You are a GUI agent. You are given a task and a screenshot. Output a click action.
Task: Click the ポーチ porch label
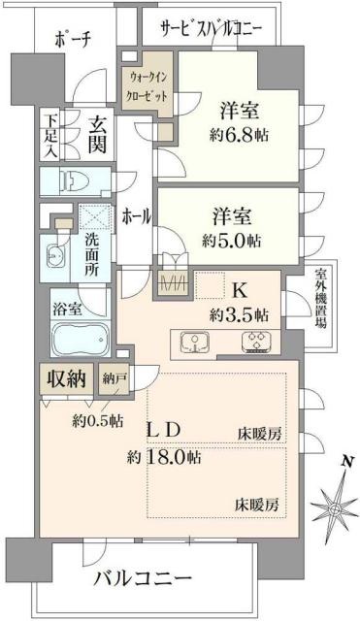click(x=73, y=41)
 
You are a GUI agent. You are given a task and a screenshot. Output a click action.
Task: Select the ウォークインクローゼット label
click(x=147, y=88)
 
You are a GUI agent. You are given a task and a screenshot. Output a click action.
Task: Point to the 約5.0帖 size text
click(x=230, y=239)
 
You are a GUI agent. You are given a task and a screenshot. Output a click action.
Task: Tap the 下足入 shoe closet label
click(x=49, y=138)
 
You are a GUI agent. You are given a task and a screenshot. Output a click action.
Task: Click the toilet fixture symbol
click(x=72, y=180)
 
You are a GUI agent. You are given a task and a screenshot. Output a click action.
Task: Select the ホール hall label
click(x=135, y=217)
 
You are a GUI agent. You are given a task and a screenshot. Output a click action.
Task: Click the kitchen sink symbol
click(x=195, y=343)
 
